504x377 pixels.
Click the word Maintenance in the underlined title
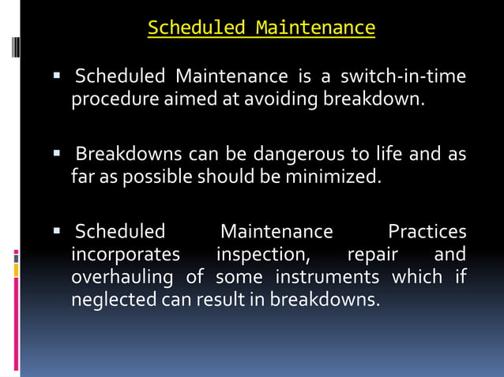[x=315, y=28]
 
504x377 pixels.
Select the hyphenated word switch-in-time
[x=403, y=77]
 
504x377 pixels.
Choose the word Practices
[x=427, y=232]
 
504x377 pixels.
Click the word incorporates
[x=126, y=256]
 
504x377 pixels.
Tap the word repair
[x=373, y=256]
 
